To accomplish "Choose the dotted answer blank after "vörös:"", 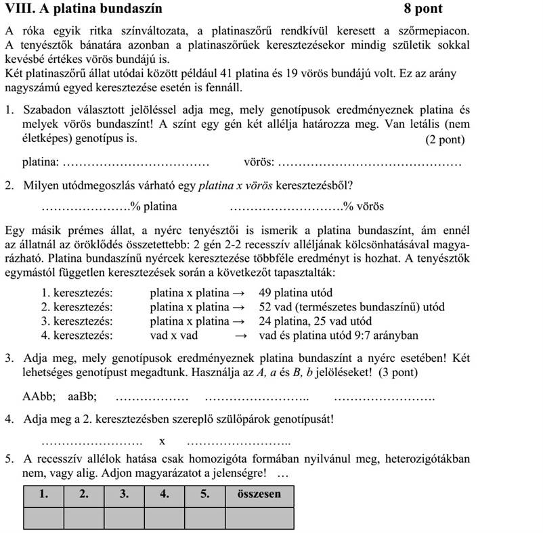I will pyautogui.click(x=370, y=163).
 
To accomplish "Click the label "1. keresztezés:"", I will pyautogui.click(x=77, y=293).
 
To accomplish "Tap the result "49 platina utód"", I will pyautogui.click(x=295, y=293).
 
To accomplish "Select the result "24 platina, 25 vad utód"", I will pyautogui.click(x=315, y=321).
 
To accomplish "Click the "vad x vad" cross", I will pyautogui.click(x=173, y=335).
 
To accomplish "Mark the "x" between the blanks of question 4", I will pyautogui.click(x=162, y=441).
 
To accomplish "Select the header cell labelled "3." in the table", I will pyautogui.click(x=124, y=494).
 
